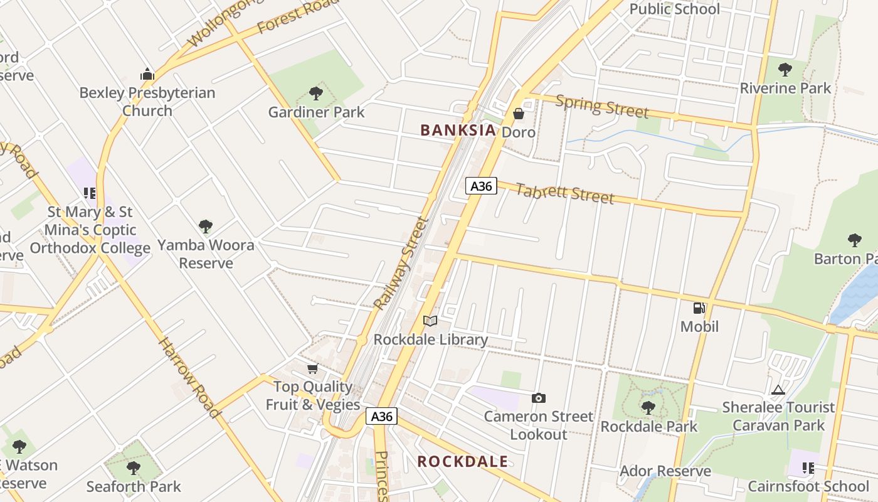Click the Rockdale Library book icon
pyautogui.click(x=430, y=321)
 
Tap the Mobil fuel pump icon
pyautogui.click(x=699, y=308)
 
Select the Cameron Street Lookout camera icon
pyautogui.click(x=538, y=398)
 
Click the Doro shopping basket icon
pyautogui.click(x=519, y=114)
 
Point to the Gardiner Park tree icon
pyautogui.click(x=316, y=93)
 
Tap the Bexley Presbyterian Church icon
pyautogui.click(x=147, y=75)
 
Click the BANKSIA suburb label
pyautogui.click(x=458, y=130)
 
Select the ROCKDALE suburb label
pyautogui.click(x=462, y=462)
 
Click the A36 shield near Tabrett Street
pyautogui.click(x=481, y=186)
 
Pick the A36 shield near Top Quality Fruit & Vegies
pyautogui.click(x=382, y=416)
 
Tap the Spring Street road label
pyautogui.click(x=601, y=106)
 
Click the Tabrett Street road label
pyautogui.click(x=564, y=193)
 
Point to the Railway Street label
pyautogui.click(x=401, y=264)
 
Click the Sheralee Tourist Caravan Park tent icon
pyautogui.click(x=778, y=390)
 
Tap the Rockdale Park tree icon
pyautogui.click(x=648, y=408)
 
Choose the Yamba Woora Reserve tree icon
pyautogui.click(x=205, y=227)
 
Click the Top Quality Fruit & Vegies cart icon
pyautogui.click(x=312, y=368)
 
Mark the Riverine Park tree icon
pyautogui.click(x=785, y=70)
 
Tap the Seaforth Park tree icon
pyautogui.click(x=133, y=468)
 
